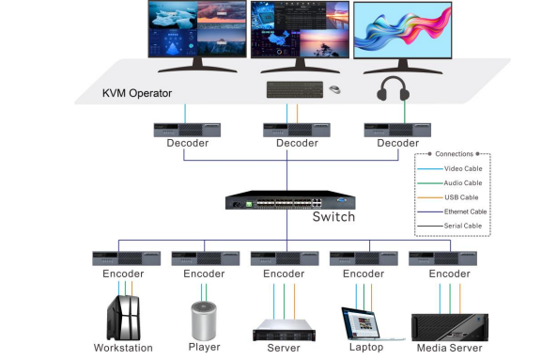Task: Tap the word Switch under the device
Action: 333,217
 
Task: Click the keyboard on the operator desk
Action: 292,89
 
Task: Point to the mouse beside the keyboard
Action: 334,90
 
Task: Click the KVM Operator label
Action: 139,94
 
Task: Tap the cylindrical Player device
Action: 204,321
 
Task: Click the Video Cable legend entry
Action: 459,168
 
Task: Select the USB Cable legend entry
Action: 459,196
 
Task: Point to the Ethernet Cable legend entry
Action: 459,211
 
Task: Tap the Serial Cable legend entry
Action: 459,226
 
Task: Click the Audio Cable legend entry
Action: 459,182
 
